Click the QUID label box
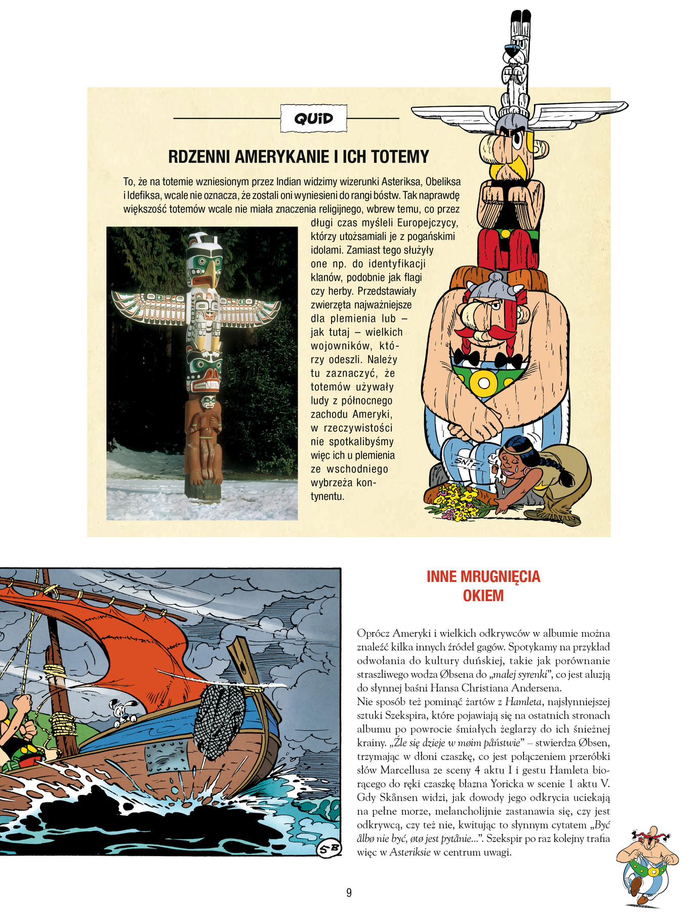(x=314, y=118)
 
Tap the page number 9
(x=349, y=893)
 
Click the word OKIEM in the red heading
(x=483, y=596)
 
